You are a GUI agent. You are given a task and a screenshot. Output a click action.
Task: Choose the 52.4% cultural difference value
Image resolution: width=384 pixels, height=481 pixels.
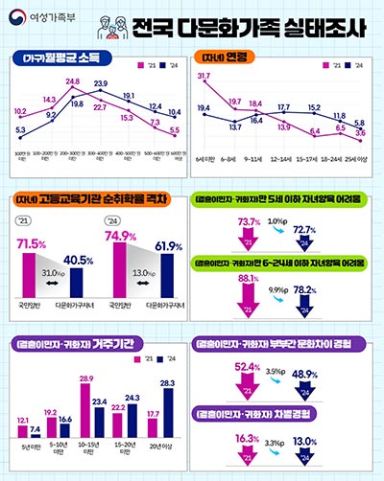click(x=247, y=366)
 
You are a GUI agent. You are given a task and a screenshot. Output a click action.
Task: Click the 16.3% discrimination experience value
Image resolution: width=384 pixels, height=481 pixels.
click(x=247, y=440)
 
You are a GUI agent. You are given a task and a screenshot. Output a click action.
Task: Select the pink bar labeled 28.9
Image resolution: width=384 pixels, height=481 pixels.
click(x=85, y=418)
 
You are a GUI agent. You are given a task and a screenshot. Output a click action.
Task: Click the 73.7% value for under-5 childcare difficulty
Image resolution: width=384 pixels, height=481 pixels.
click(x=247, y=222)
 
